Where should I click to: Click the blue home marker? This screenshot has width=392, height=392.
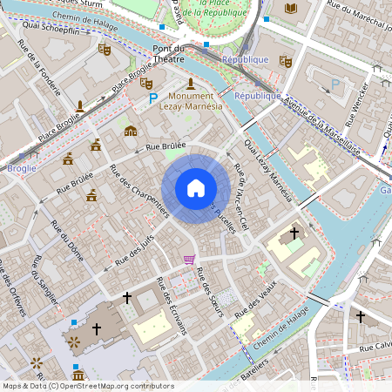(x=195, y=188)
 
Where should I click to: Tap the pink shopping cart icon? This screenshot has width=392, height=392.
(x=189, y=259)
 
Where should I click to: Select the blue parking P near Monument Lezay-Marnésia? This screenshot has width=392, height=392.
(x=153, y=100)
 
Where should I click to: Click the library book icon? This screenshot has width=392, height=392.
(x=291, y=8)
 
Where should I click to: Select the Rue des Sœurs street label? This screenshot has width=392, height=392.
(x=211, y=292)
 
